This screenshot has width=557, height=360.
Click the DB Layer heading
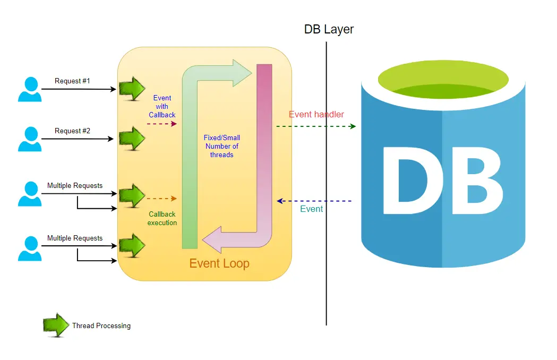click(x=329, y=29)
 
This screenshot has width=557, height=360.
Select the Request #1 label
click(x=72, y=81)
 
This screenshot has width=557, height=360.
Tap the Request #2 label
click(x=72, y=131)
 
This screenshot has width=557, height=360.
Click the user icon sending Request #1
click(x=30, y=89)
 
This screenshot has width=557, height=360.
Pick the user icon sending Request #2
click(x=30, y=139)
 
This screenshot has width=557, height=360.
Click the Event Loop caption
click(x=219, y=263)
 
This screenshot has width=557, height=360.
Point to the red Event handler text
click(x=316, y=114)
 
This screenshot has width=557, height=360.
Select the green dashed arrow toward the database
click(x=315, y=126)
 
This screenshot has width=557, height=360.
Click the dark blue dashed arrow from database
click(x=314, y=201)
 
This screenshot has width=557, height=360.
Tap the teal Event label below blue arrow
click(x=311, y=209)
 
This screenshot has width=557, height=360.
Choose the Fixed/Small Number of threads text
click(x=221, y=146)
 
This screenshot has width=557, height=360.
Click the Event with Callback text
click(x=162, y=106)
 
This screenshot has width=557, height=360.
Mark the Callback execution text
click(x=162, y=218)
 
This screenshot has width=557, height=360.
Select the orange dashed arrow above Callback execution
click(x=161, y=199)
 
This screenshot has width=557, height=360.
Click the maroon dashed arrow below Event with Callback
click(x=161, y=124)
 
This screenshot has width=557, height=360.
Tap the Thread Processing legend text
click(x=101, y=325)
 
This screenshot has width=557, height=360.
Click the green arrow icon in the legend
click(x=56, y=325)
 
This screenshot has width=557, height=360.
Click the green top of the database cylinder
click(x=443, y=80)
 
